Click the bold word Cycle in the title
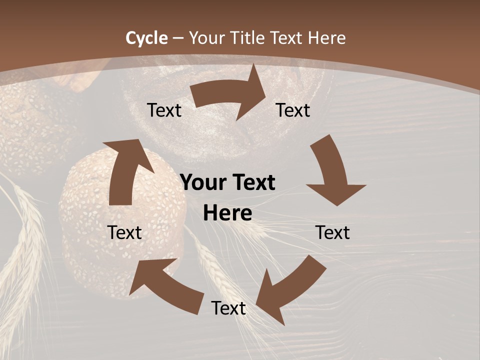coord(146,38)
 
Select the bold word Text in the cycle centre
coord(252,182)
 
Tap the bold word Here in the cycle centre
coord(227,213)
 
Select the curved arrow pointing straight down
coord(332,172)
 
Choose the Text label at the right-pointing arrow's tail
coord(164,110)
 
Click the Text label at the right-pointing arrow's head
coord(293,110)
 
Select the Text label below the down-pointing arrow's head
coord(333,232)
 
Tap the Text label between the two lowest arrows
coord(228,308)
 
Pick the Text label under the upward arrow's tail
coord(125,232)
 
